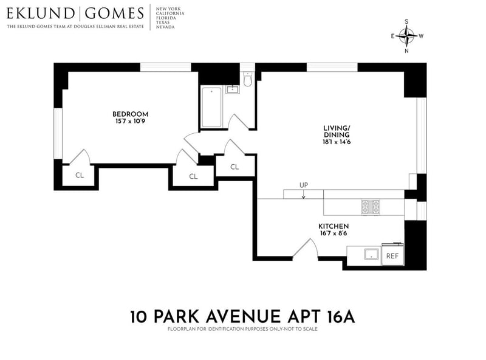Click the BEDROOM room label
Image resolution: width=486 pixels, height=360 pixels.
point(130,114)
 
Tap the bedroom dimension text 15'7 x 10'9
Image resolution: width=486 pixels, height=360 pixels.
point(130,121)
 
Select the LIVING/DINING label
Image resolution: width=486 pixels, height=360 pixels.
point(337,131)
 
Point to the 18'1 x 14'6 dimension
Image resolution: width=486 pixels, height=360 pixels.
point(337,142)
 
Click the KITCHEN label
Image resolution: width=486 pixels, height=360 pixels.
point(334,226)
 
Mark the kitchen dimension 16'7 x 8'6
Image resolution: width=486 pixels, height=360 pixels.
point(334,234)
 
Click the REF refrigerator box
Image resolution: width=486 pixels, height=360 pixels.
point(392,254)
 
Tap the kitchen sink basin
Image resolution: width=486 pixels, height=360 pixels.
point(372,254)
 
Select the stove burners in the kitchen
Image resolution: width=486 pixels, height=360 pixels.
point(371,207)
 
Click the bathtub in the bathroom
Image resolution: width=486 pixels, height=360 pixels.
point(211,108)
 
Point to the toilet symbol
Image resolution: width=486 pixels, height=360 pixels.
point(248,79)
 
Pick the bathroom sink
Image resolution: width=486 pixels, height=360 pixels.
point(232,89)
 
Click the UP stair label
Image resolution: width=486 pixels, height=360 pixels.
point(303,185)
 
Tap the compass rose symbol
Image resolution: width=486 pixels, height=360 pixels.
point(406,36)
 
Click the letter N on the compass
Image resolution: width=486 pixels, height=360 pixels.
point(406,51)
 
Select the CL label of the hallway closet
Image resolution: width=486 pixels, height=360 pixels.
point(234,167)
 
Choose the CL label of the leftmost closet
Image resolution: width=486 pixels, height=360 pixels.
point(80,175)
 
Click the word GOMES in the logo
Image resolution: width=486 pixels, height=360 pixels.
point(114,13)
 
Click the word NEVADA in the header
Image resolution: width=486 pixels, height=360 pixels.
point(165,27)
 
